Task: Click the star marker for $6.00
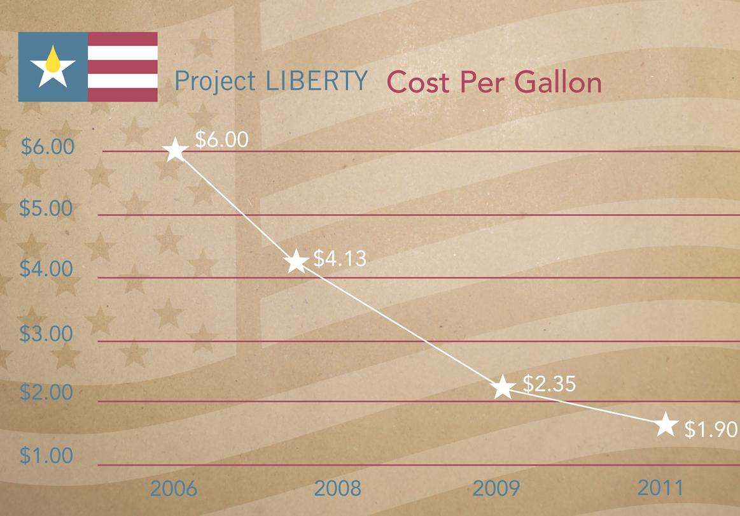176,151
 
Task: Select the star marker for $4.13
296,261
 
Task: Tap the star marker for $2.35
503,387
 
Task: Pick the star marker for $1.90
665,424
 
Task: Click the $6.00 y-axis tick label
48,147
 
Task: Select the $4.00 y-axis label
48,269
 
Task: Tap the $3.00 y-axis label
48,333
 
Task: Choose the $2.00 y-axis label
48,392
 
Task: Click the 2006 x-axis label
174,489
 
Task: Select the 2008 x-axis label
338,489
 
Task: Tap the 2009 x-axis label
496,489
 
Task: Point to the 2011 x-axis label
660,489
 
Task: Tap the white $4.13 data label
340,259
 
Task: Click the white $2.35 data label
549,383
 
